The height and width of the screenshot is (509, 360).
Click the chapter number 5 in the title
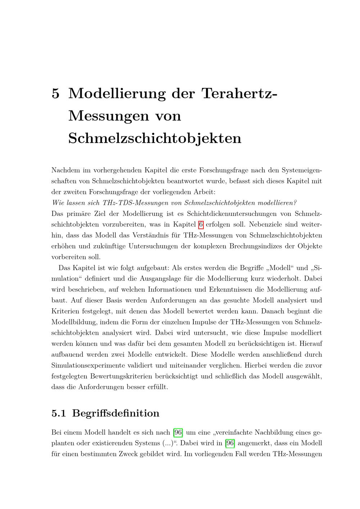pos(55,93)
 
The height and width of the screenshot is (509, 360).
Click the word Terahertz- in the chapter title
pos(239,93)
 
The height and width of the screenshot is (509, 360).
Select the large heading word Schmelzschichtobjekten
pos(155,138)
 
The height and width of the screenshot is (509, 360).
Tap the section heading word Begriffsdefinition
pos(116,413)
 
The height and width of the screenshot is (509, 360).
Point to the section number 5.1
pos(59,413)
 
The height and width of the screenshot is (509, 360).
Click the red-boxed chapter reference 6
pos(201,225)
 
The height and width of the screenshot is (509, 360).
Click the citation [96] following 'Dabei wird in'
pos(230,443)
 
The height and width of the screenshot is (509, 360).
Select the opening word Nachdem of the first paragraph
pos(66,170)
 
